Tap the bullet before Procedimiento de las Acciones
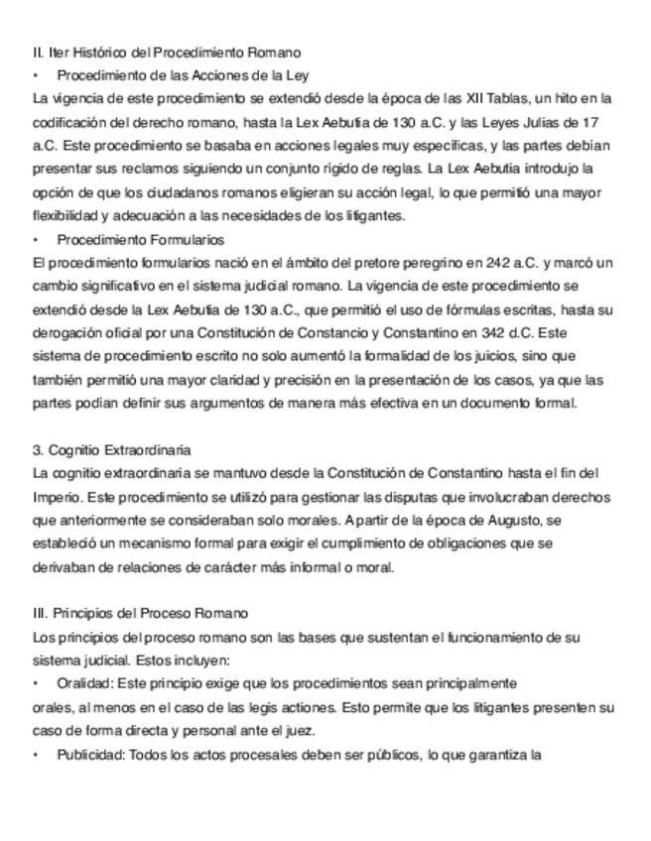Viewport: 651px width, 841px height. (36, 74)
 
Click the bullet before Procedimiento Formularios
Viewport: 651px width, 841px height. (36, 239)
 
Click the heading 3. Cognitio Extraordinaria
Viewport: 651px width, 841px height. (112, 449)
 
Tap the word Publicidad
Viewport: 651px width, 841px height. (90, 754)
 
